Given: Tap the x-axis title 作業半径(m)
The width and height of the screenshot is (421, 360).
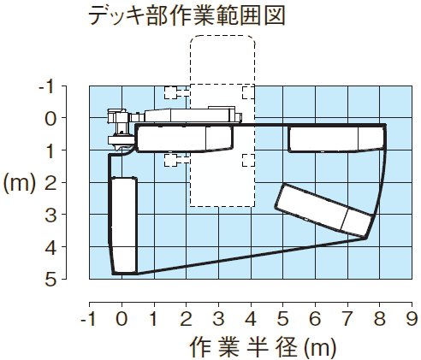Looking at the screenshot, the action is [263, 347].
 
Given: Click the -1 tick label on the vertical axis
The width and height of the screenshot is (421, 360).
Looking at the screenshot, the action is [46, 87].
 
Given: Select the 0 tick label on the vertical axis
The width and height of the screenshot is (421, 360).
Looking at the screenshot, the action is [50, 119].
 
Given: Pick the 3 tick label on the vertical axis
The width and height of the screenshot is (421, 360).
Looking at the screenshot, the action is [50, 215].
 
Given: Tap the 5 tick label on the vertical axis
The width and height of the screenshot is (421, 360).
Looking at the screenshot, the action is [50, 280].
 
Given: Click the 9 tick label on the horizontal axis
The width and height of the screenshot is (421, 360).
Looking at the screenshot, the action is [412, 318].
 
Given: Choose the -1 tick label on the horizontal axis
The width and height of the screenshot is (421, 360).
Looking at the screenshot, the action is [89, 318].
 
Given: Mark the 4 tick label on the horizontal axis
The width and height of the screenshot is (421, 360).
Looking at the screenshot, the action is [251, 318].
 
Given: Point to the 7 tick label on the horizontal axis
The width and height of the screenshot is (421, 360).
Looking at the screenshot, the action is [347, 318].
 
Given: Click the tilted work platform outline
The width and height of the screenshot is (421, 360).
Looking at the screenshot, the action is [323, 210].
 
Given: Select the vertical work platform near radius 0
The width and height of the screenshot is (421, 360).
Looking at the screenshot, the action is [124, 226].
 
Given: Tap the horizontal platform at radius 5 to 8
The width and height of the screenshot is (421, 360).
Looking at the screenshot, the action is [337, 139].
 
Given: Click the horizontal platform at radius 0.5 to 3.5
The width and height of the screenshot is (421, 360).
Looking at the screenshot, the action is [185, 139].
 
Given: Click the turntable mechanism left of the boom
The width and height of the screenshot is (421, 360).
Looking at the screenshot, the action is [121, 130].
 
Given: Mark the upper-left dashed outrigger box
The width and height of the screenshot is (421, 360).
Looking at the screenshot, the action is [170, 92].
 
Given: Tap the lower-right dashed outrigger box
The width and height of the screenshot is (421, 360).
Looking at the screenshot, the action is [248, 160].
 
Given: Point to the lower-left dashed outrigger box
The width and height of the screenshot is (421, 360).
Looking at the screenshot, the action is [170, 160].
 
